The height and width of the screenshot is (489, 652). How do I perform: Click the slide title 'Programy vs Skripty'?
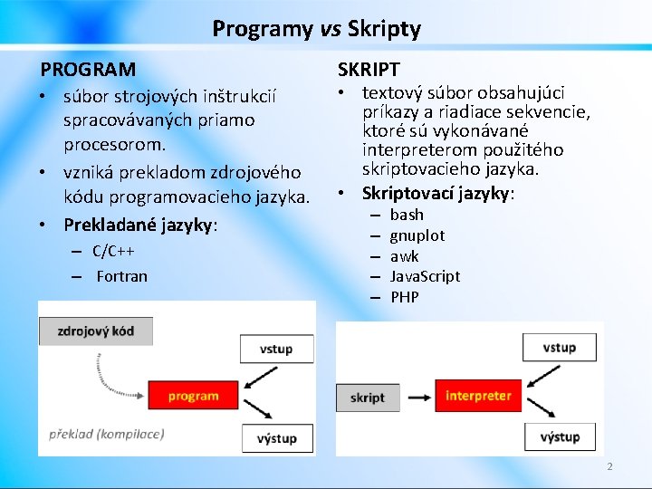point(316,29)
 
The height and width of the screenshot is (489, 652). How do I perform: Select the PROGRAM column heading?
point(88,69)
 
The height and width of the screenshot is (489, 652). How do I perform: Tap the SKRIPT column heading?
point(369,69)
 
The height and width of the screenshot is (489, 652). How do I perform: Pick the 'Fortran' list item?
point(121,276)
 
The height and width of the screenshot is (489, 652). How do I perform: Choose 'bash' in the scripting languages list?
point(407,215)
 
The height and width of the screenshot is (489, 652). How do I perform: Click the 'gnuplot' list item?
point(417,235)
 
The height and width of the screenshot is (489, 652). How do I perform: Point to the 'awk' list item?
point(404,256)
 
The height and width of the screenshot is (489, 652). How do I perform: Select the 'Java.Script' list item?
point(425,276)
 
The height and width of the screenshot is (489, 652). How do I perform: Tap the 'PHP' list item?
point(404,297)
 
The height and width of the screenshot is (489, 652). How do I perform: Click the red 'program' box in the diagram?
point(193,396)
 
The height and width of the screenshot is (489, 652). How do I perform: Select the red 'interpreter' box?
point(478,396)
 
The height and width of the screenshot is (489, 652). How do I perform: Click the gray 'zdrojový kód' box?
point(95,331)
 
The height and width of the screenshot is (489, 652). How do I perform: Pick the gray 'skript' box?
point(367,398)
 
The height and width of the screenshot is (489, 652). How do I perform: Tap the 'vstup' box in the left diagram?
point(276,349)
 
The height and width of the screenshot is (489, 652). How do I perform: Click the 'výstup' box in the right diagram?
point(560,436)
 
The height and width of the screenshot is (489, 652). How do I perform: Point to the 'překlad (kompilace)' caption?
point(107,434)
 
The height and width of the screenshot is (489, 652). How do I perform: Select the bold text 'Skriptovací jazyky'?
point(436,193)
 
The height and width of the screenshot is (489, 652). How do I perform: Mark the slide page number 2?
point(609,466)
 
